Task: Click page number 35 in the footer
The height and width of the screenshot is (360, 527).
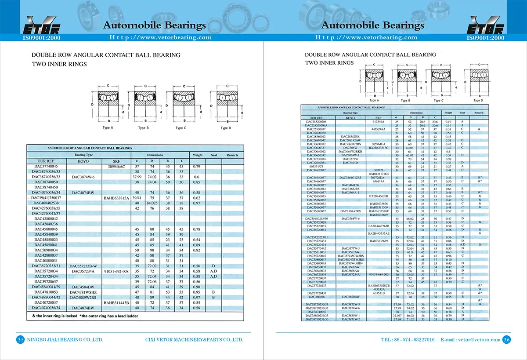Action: pos(21,340)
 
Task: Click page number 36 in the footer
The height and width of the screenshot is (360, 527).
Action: pos(506,339)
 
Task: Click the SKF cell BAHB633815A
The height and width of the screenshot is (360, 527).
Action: pos(116,198)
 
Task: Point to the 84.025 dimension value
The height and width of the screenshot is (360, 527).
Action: pos(152,204)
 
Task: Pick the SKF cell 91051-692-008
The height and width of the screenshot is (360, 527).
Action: pos(116,271)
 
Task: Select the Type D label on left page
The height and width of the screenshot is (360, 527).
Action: pos(224,128)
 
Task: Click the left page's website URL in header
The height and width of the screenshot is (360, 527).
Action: pos(160,37)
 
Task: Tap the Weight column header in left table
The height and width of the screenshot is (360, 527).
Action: pos(197,155)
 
